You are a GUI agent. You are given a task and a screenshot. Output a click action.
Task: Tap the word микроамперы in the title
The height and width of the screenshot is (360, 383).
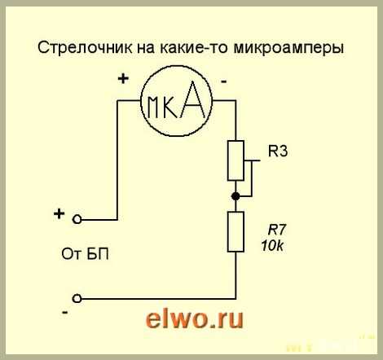click(x=288, y=49)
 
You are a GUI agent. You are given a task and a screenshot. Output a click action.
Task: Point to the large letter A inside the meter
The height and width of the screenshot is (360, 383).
click(x=193, y=99)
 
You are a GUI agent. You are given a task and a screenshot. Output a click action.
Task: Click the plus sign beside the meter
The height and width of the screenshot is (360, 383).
click(x=123, y=79)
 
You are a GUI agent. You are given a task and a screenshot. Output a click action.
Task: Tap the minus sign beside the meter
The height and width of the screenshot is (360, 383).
click(x=224, y=81)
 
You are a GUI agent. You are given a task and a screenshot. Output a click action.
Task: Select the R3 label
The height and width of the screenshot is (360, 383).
click(x=278, y=151)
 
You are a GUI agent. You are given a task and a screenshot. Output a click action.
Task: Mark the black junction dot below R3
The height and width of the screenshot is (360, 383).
click(x=236, y=196)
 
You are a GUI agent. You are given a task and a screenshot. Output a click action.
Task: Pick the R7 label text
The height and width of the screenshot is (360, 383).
click(x=277, y=230)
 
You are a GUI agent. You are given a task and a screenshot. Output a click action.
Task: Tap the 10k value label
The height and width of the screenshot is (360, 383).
click(x=272, y=246)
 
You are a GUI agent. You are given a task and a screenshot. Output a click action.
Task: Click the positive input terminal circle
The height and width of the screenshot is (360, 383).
click(x=77, y=219)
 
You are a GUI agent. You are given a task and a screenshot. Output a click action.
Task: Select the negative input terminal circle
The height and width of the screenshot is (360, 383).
click(x=77, y=299)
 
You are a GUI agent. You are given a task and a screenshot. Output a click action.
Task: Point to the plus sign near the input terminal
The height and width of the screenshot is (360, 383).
click(x=59, y=213)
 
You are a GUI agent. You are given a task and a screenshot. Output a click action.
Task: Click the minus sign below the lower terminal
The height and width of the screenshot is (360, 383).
click(x=65, y=313)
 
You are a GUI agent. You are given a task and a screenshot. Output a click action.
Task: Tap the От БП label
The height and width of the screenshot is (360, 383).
click(x=85, y=254)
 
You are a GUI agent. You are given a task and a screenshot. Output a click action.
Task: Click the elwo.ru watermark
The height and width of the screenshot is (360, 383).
click(x=194, y=319)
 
